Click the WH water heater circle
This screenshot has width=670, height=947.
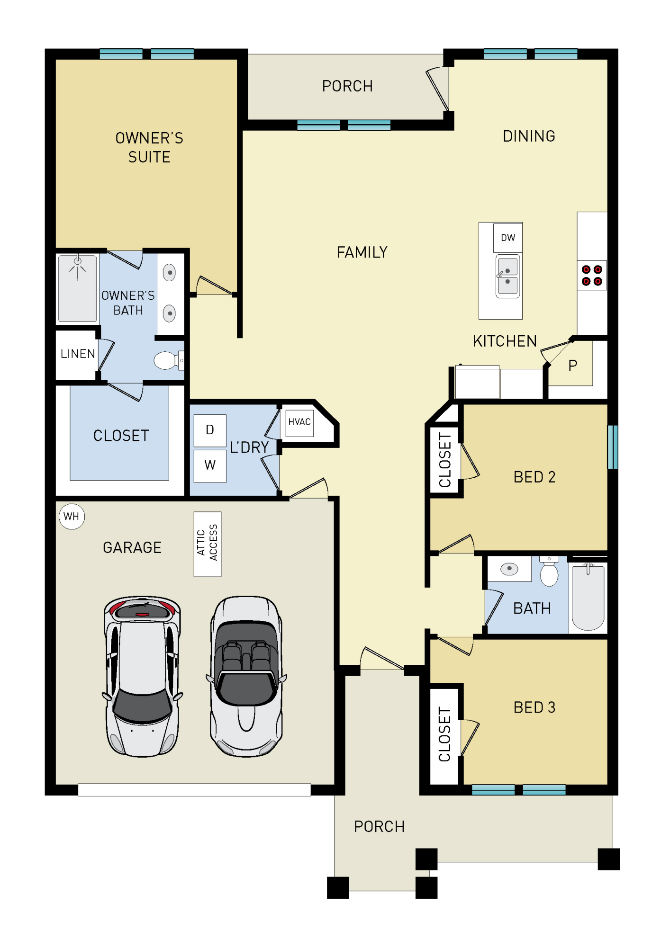(72, 516)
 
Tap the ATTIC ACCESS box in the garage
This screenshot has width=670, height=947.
(208, 544)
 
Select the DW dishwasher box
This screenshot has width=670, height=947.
(507, 238)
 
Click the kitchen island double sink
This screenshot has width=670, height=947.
(507, 277)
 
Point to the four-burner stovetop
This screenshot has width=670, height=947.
(592, 275)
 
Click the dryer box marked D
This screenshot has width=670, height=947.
(210, 430)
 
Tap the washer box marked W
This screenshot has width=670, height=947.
(210, 465)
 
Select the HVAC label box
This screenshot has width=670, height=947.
(299, 422)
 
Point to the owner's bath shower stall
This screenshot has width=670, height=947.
(77, 288)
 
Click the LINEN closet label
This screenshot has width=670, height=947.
(77, 354)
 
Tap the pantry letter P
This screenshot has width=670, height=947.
(572, 366)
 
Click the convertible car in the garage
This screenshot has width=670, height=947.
(246, 676)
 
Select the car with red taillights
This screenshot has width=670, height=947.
(142, 676)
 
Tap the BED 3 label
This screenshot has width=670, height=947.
(534, 707)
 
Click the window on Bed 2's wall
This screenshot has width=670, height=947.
(612, 447)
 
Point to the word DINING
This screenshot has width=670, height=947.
(529, 136)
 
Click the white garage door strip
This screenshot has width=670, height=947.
(194, 789)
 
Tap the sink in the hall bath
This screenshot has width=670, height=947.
(509, 569)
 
